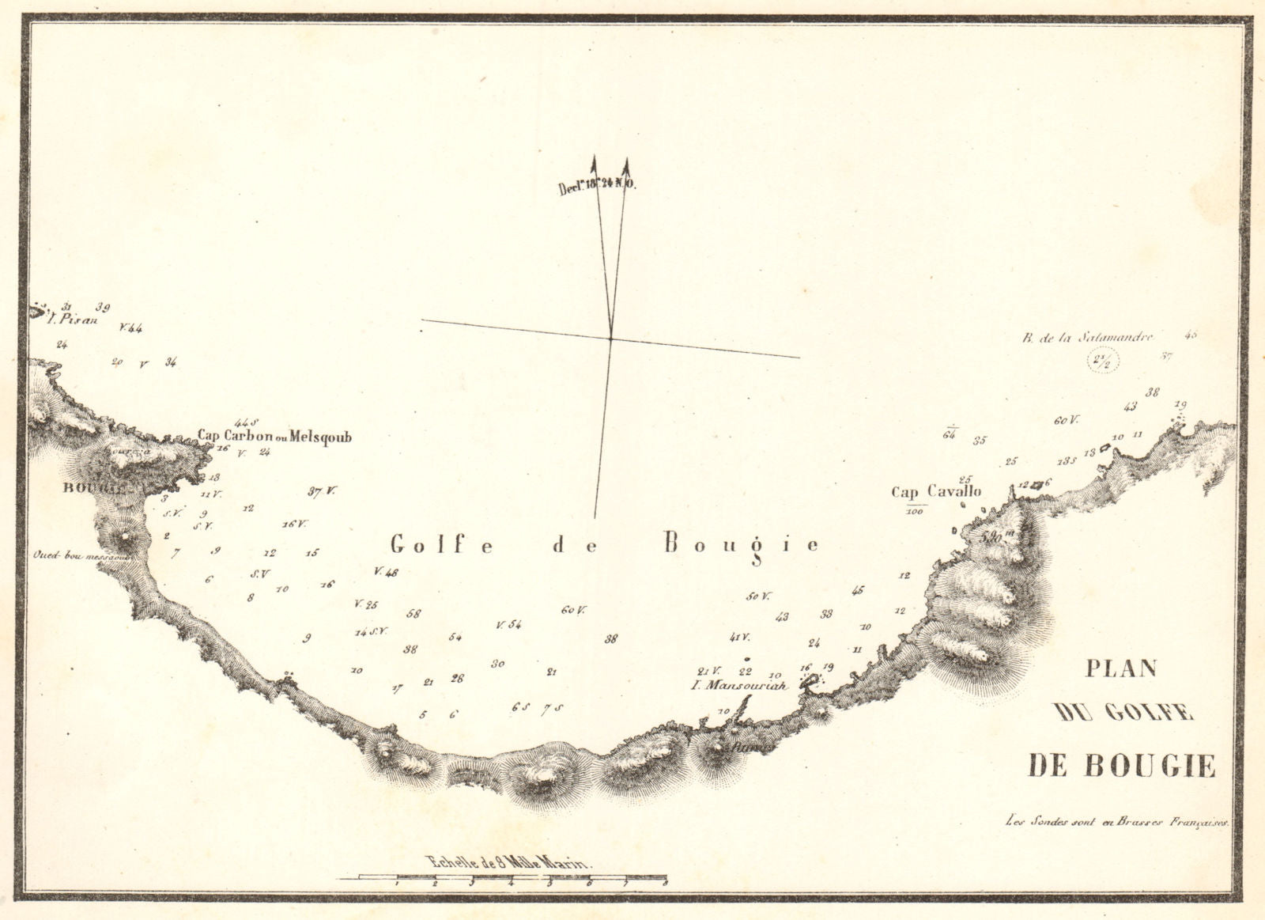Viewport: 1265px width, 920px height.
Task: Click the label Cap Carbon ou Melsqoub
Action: click(x=274, y=436)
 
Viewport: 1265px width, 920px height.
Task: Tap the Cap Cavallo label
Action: click(x=936, y=492)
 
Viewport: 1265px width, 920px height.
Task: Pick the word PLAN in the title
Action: click(x=1120, y=668)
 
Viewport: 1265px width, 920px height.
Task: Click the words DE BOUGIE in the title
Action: click(x=1121, y=765)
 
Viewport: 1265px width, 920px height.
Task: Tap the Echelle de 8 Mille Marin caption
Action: click(x=508, y=863)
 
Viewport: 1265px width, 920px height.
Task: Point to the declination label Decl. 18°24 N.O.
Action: click(x=597, y=188)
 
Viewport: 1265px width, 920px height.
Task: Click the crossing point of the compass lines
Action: click(x=610, y=339)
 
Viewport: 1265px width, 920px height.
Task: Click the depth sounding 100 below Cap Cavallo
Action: click(x=916, y=511)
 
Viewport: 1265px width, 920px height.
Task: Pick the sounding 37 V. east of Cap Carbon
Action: click(x=321, y=491)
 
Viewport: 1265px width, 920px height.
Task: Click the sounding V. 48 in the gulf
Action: click(x=387, y=572)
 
